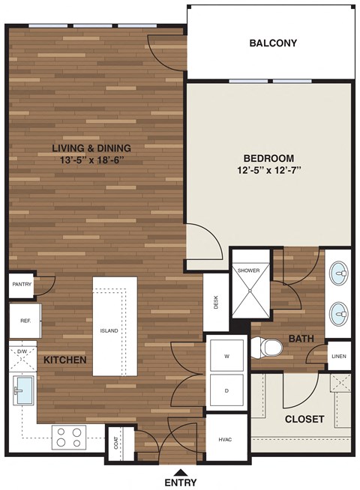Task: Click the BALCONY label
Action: [x=273, y=43]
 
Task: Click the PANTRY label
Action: [x=21, y=285]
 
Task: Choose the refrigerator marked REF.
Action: [x=24, y=321]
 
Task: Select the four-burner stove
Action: [x=70, y=437]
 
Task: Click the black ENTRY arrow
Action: [x=181, y=471]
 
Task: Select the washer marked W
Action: [x=226, y=357]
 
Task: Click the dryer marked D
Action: [x=226, y=391]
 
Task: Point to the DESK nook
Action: [x=215, y=302]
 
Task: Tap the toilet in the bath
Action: [x=268, y=347]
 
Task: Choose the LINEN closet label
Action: [x=339, y=356]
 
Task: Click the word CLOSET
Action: [x=304, y=419]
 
